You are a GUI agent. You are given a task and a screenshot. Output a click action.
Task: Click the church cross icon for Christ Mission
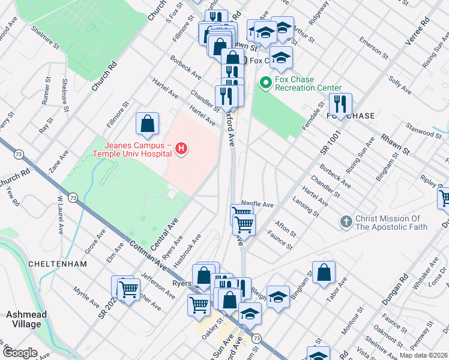346,222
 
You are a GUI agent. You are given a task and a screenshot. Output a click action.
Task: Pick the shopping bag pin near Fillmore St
148,124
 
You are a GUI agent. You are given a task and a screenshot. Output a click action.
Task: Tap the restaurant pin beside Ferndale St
340,104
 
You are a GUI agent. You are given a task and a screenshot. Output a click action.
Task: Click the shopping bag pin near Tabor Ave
324,272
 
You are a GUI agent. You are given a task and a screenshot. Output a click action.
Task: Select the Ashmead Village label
23,319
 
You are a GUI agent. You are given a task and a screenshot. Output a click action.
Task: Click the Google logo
20,353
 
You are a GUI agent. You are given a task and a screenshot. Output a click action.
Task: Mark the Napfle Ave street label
258,203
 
